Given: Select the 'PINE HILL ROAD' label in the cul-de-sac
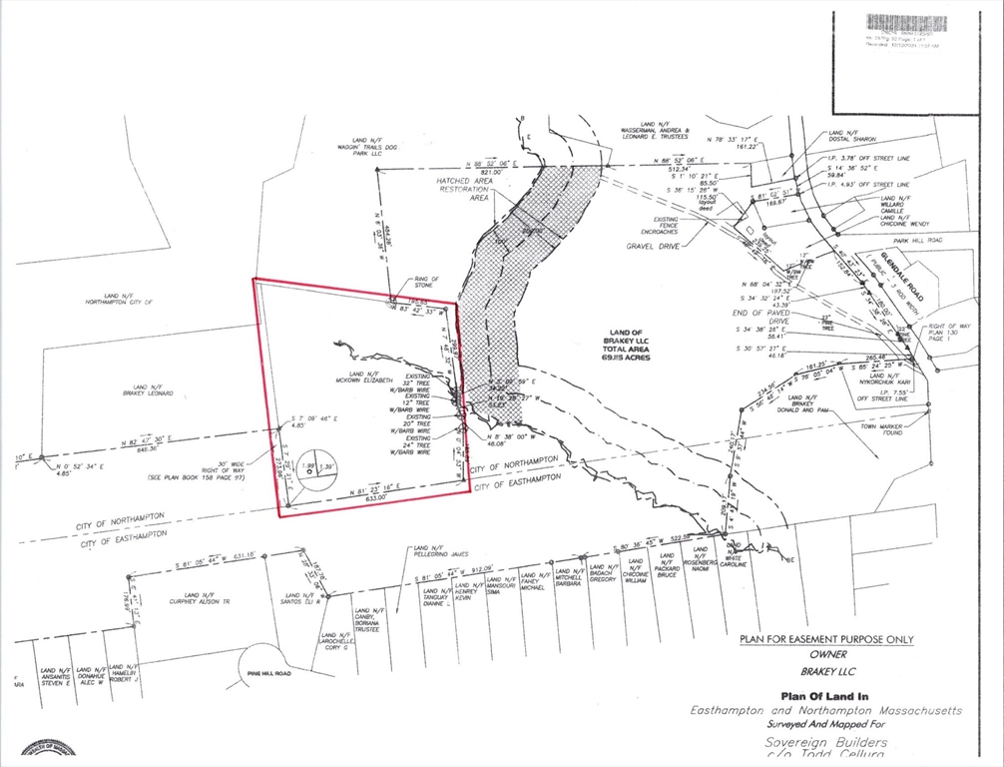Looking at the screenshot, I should pos(268,674).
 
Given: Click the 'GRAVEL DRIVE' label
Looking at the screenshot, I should pos(653,244).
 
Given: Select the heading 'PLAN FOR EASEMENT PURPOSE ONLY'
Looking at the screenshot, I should pos(825,639).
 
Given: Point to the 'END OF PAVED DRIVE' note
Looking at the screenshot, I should pos(763,317).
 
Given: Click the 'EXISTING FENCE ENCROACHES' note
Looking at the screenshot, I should pos(667,226).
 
